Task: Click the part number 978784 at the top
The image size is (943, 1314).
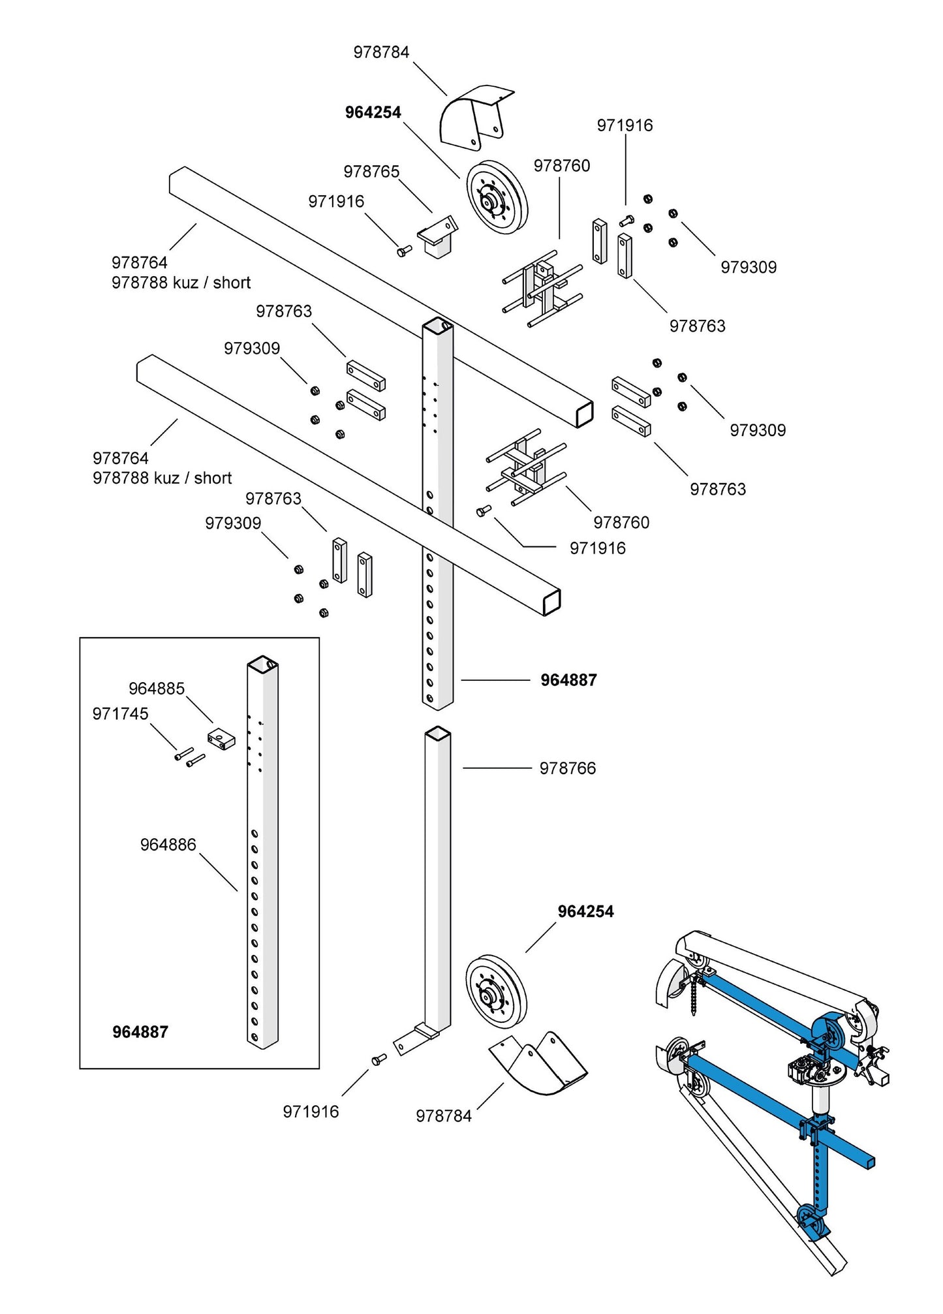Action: (x=381, y=52)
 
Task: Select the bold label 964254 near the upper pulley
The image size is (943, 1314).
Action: (x=373, y=112)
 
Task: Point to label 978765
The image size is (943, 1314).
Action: (x=371, y=172)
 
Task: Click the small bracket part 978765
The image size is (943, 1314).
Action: (x=436, y=236)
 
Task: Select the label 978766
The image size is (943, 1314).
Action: (x=567, y=768)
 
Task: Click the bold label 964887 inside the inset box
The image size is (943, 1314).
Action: (x=140, y=1032)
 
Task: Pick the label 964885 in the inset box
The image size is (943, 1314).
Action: (x=157, y=689)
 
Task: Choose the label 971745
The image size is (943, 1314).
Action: (x=120, y=714)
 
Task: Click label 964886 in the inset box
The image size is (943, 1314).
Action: (x=168, y=845)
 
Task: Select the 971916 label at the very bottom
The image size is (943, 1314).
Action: (x=311, y=1112)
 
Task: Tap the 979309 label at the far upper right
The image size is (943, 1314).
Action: (x=749, y=267)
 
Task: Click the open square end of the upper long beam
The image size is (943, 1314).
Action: (x=583, y=414)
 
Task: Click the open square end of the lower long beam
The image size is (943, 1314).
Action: (x=551, y=601)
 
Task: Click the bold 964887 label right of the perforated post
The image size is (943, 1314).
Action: (x=568, y=680)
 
